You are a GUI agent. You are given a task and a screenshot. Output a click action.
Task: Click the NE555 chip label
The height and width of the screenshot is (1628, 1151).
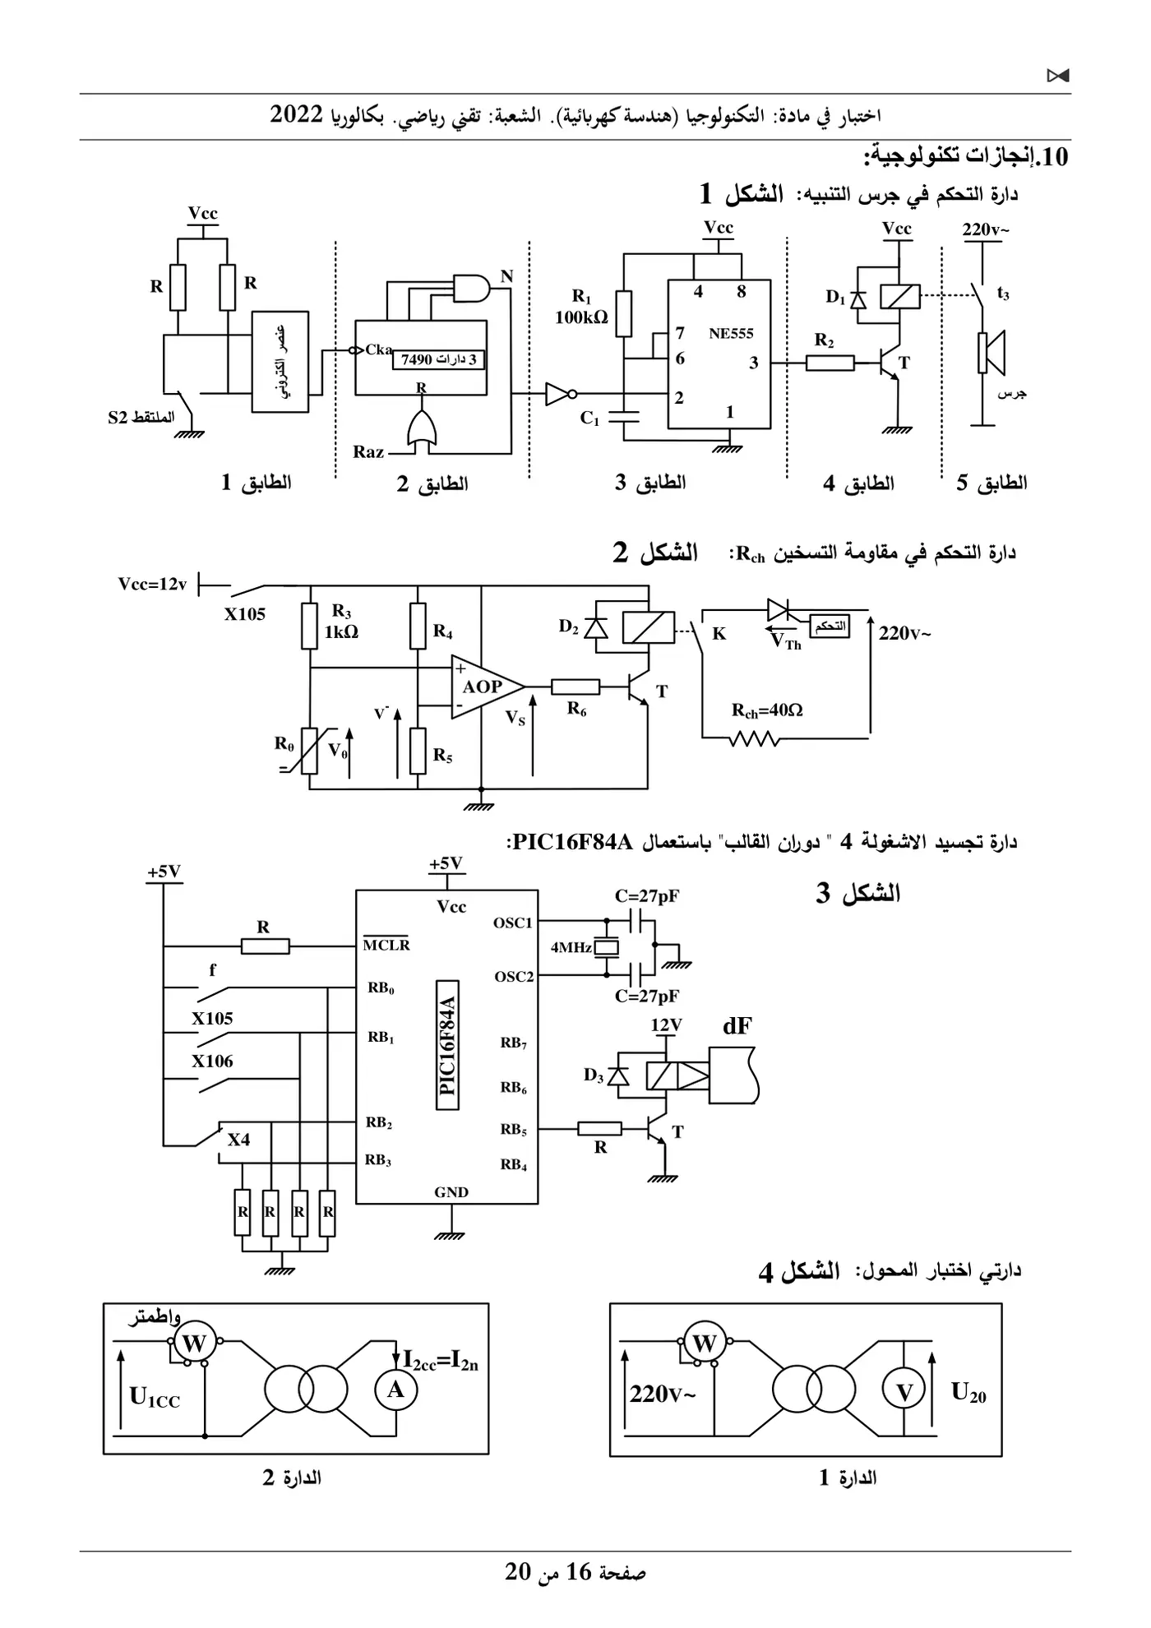point(731,334)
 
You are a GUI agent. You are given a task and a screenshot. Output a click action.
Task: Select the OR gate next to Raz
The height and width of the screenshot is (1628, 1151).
point(421,430)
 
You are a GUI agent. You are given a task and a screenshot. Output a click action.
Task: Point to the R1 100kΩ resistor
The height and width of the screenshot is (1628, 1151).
point(624,313)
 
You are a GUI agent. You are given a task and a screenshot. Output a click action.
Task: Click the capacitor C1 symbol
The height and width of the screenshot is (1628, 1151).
point(624,416)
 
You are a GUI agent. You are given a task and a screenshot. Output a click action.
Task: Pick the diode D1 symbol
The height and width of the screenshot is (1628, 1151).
point(857,298)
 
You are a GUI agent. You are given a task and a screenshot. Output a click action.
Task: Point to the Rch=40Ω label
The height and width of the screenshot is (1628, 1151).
point(767,710)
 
